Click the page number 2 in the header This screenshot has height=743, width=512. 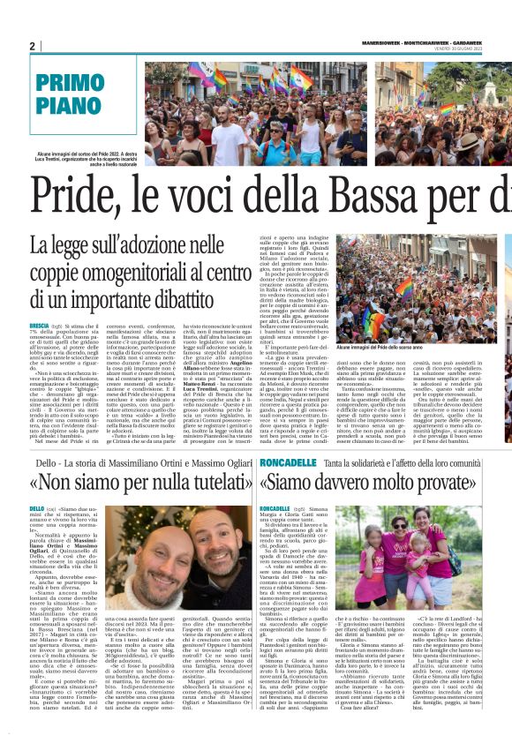pyautogui.click(x=33, y=46)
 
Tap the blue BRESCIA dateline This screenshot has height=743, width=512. pyautogui.click(x=40, y=326)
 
